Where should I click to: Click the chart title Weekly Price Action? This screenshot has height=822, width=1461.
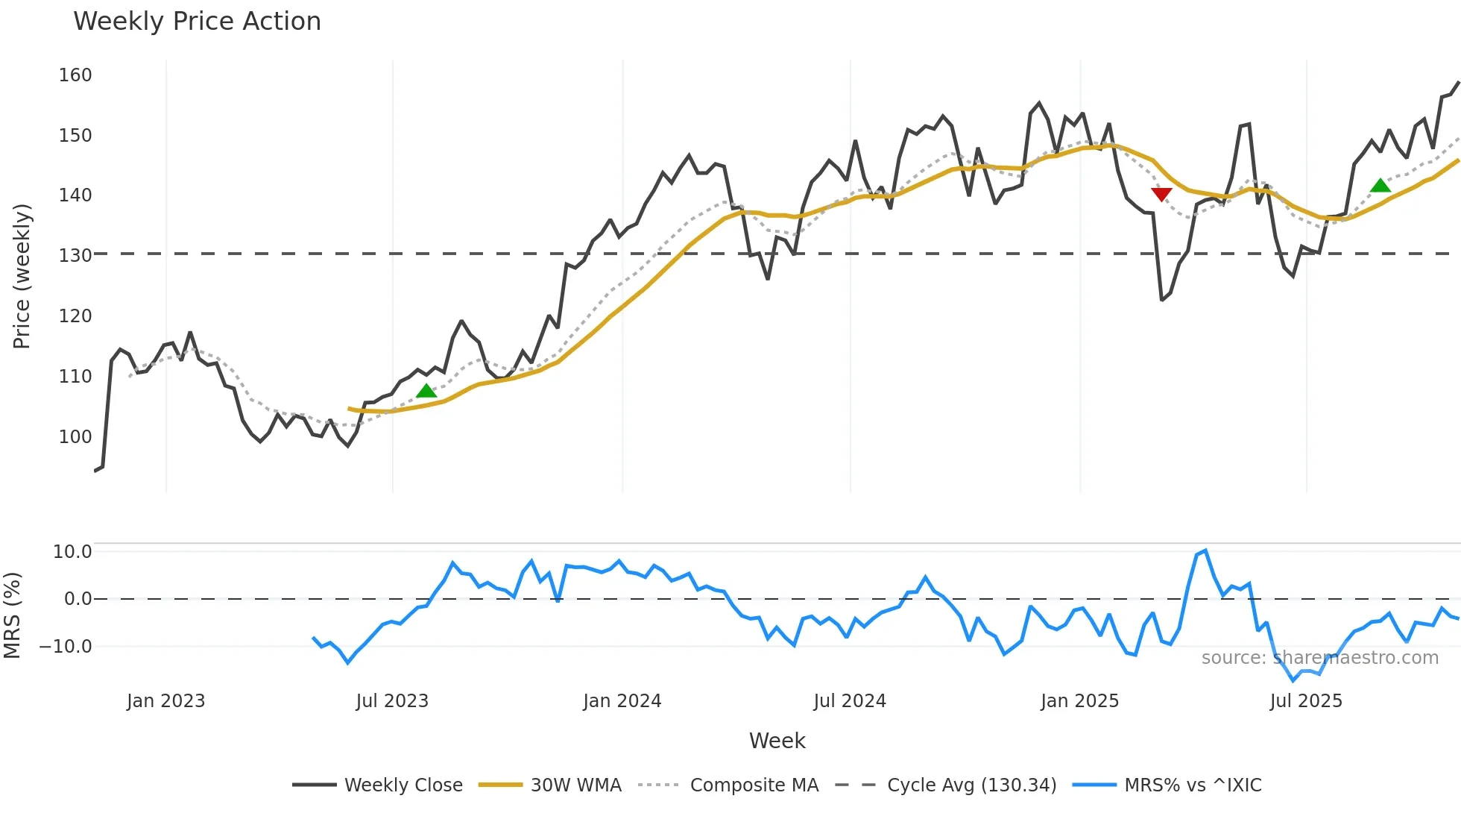pyautogui.click(x=197, y=22)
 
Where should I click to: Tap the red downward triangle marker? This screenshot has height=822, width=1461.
pyautogui.click(x=1161, y=195)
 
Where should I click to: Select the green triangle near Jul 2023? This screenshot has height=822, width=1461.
pyautogui.click(x=426, y=391)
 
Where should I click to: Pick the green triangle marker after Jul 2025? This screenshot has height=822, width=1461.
pyautogui.click(x=1380, y=186)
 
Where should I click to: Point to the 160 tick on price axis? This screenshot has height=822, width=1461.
pyautogui.click(x=75, y=75)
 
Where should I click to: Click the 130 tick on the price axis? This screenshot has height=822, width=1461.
pyautogui.click(x=75, y=255)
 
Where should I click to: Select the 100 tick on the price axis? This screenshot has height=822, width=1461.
pyautogui.click(x=75, y=436)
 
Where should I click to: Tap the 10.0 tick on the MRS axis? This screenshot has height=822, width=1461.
pyautogui.click(x=72, y=552)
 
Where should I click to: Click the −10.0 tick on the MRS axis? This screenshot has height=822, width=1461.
pyautogui.click(x=66, y=647)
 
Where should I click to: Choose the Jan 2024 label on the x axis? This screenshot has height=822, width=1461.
pyautogui.click(x=622, y=701)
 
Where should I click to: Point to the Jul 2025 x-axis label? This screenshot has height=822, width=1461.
pyautogui.click(x=1306, y=701)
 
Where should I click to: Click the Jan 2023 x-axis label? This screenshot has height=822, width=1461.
pyautogui.click(x=165, y=701)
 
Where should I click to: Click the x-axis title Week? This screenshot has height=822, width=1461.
pyautogui.click(x=777, y=741)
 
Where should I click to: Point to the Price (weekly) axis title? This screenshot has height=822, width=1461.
pyautogui.click(x=22, y=276)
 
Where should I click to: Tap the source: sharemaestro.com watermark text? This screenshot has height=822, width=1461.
pyautogui.click(x=1319, y=658)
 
